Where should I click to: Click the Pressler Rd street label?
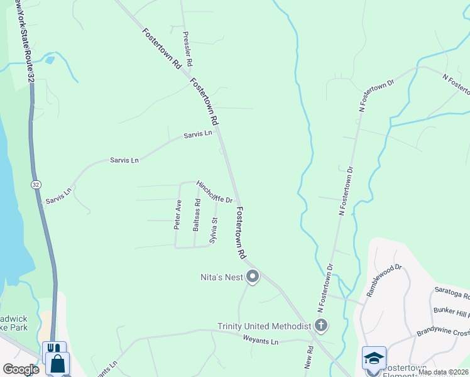(x=187, y=50)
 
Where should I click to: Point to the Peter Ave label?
(x=178, y=214)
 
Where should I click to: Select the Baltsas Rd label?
(x=197, y=215)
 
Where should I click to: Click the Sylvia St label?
(x=214, y=231)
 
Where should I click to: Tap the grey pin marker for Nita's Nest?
(x=253, y=276)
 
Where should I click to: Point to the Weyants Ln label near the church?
(x=260, y=341)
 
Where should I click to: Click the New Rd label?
(x=309, y=359)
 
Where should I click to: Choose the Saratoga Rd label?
(x=451, y=293)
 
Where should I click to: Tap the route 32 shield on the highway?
(x=37, y=184)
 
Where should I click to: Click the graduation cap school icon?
(x=374, y=358)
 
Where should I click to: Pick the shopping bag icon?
(x=57, y=364)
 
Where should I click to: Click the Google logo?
(x=21, y=369)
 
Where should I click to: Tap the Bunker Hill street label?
(x=451, y=312)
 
